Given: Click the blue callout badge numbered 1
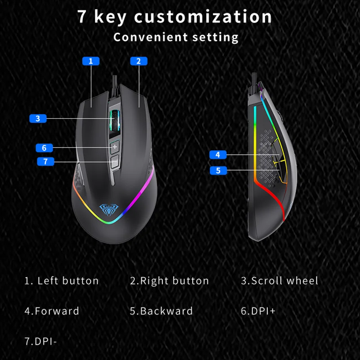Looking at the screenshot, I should click(91, 61).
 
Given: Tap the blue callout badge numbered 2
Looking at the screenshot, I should click(139, 61).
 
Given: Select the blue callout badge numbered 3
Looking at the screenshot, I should click(38, 118).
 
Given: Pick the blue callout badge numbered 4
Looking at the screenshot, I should click(218, 154).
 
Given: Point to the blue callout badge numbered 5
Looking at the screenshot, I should click(218, 171).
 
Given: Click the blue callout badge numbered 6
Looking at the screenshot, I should click(44, 148).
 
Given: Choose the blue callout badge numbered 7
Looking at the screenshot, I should click(45, 161).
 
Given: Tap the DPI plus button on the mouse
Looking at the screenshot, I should click(115, 147).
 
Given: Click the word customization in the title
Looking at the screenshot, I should click(203, 17).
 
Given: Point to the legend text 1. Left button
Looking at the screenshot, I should click(62, 281).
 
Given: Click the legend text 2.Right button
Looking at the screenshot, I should click(170, 281).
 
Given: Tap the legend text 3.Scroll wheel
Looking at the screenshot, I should click(279, 281).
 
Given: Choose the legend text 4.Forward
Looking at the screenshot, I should click(52, 311).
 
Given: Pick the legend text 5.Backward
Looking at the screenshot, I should click(162, 311).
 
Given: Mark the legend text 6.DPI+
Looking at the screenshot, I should click(258, 311).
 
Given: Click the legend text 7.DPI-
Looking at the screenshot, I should click(41, 341).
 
